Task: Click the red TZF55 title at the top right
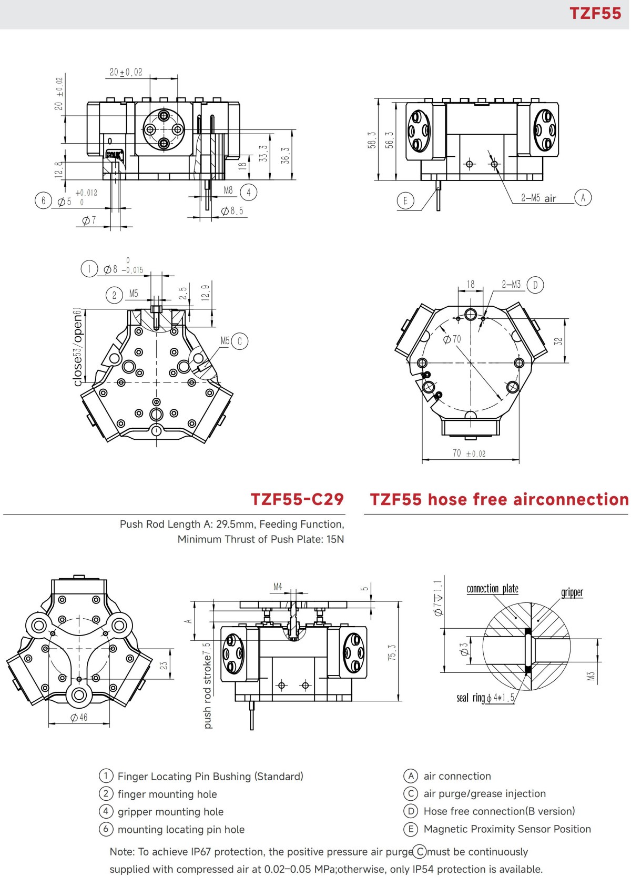pyautogui.click(x=595, y=13)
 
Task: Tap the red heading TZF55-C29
pyautogui.click(x=297, y=499)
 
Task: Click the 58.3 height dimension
pyautogui.click(x=372, y=140)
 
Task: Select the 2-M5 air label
pyautogui.click(x=538, y=198)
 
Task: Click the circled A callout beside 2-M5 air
pyautogui.click(x=583, y=197)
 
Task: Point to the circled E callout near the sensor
pyautogui.click(x=405, y=200)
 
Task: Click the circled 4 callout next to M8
pyautogui.click(x=249, y=192)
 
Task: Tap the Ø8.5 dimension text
pyautogui.click(x=232, y=211)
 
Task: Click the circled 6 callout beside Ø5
pyautogui.click(x=43, y=200)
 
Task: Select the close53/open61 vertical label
pyautogui.click(x=78, y=347)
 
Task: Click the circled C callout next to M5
pyautogui.click(x=239, y=341)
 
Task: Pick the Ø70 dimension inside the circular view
pyautogui.click(x=452, y=339)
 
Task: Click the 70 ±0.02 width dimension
pyautogui.click(x=469, y=453)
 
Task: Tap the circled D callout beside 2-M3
pyautogui.click(x=535, y=285)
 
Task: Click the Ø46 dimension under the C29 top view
pyautogui.click(x=79, y=718)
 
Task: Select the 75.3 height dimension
pyautogui.click(x=392, y=652)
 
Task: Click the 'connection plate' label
pyautogui.click(x=492, y=589)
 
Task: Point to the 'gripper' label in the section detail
pyautogui.click(x=572, y=592)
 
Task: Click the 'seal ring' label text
pyautogui.click(x=471, y=698)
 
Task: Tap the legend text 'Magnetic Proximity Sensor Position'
pyautogui.click(x=507, y=829)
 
